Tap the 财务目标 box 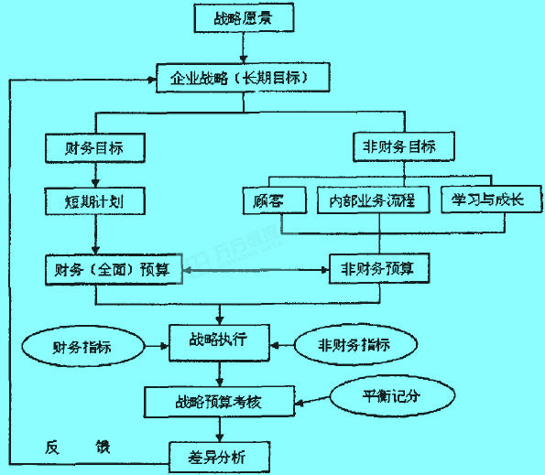(95, 146)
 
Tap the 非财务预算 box (378, 269)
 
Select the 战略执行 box (220, 341)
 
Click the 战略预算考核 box (220, 399)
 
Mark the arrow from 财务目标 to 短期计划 (95, 173)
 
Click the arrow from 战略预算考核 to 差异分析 (220, 426)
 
